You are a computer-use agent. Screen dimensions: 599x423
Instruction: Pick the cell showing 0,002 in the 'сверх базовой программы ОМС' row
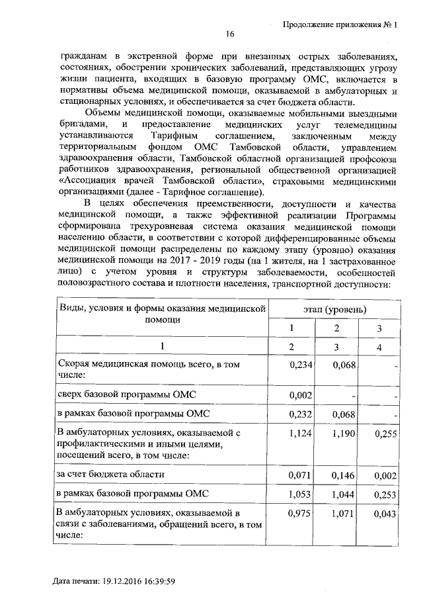pos(291,395)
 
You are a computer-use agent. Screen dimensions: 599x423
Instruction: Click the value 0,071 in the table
pos(290,475)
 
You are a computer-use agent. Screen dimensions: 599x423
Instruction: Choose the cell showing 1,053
pos(290,494)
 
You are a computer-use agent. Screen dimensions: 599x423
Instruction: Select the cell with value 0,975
pos(290,514)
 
